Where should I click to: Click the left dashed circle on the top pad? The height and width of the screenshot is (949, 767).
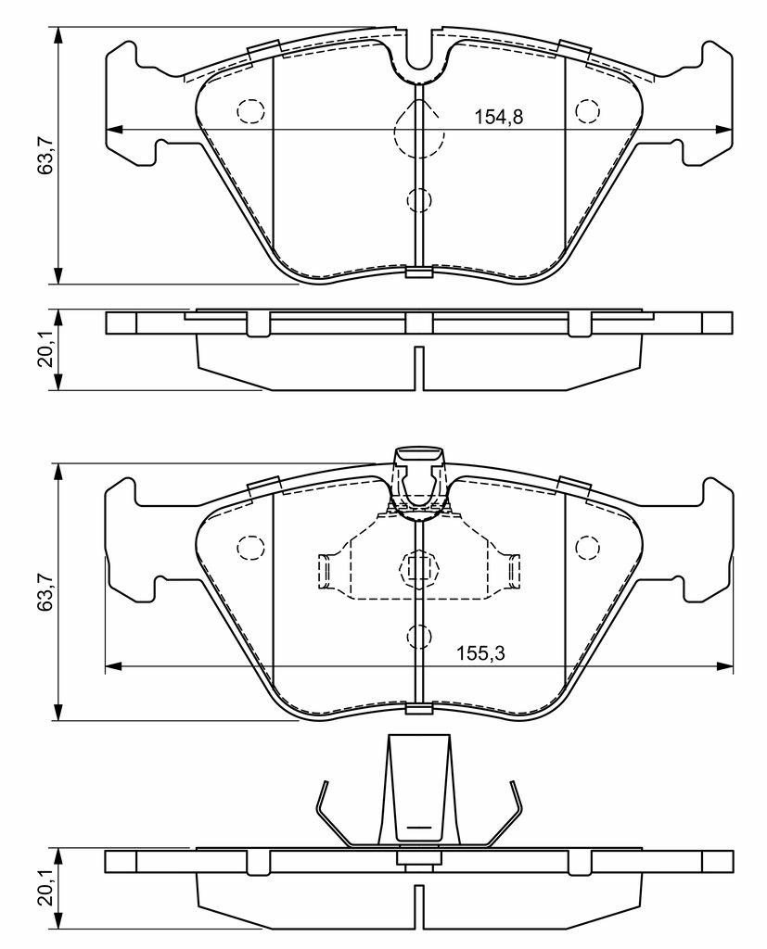click(x=250, y=111)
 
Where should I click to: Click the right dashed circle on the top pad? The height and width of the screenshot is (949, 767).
click(x=587, y=111)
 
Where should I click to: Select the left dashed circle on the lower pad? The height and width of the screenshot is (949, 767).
click(x=250, y=547)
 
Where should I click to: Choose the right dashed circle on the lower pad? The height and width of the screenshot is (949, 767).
click(x=587, y=547)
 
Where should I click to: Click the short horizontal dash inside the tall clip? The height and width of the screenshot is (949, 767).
click(x=418, y=824)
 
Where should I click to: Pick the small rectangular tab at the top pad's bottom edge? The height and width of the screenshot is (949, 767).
click(x=419, y=272)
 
